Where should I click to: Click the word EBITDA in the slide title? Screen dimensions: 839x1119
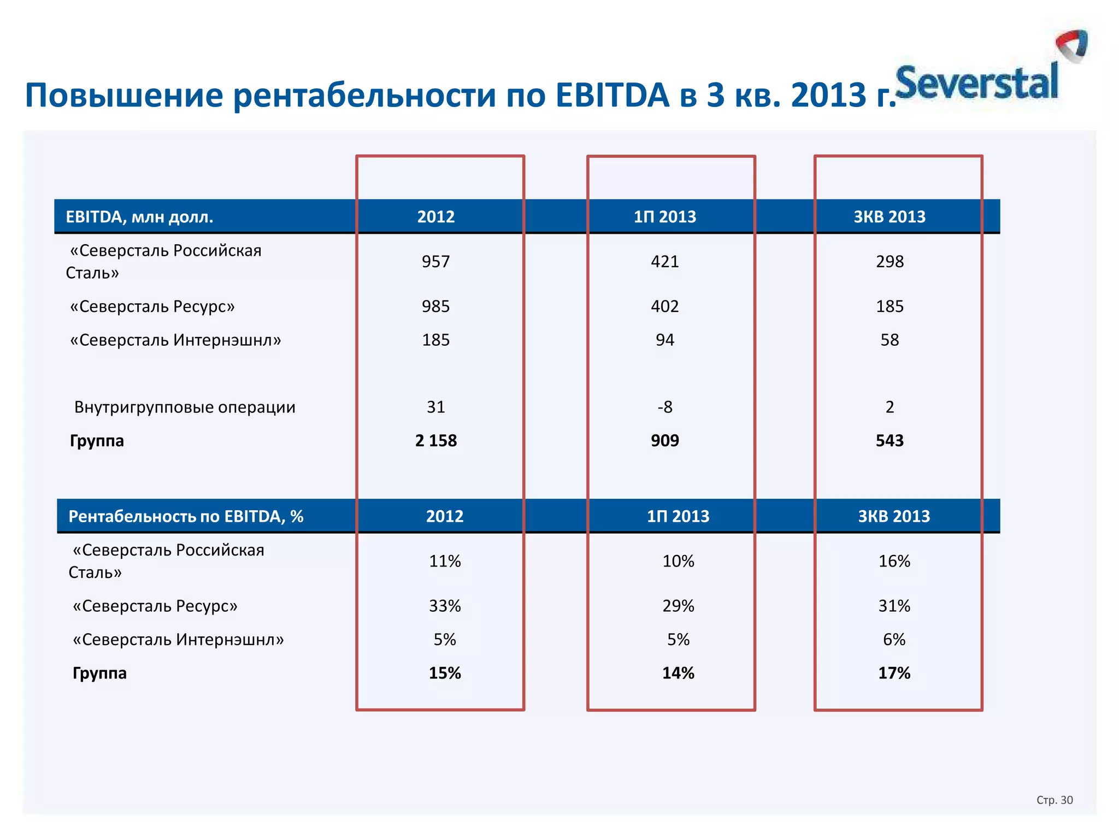(612, 95)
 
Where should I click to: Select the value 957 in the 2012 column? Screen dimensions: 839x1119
(435, 262)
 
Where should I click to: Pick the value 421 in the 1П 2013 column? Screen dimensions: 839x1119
(664, 262)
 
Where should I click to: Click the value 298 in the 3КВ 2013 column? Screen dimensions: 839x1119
(890, 262)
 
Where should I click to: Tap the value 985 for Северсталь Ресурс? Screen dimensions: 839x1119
(435, 306)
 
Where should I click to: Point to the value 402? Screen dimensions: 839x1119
(664, 306)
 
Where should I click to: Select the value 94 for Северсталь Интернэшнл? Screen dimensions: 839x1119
(664, 340)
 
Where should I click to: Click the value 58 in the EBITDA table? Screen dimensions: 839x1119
(890, 340)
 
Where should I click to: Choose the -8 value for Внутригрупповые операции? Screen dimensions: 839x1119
(664, 407)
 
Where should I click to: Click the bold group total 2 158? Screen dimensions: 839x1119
(435, 441)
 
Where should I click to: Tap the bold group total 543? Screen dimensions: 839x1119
(890, 441)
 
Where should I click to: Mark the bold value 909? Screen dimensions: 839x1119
(664, 441)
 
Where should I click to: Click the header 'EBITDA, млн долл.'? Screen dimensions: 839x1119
(139, 217)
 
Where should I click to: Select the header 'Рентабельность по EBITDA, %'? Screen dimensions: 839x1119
(186, 516)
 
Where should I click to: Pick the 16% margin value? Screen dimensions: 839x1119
(894, 561)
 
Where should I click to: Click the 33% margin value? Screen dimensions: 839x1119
(445, 606)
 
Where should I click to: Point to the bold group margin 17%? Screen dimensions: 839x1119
(894, 673)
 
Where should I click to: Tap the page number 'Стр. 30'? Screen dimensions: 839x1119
(1055, 800)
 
